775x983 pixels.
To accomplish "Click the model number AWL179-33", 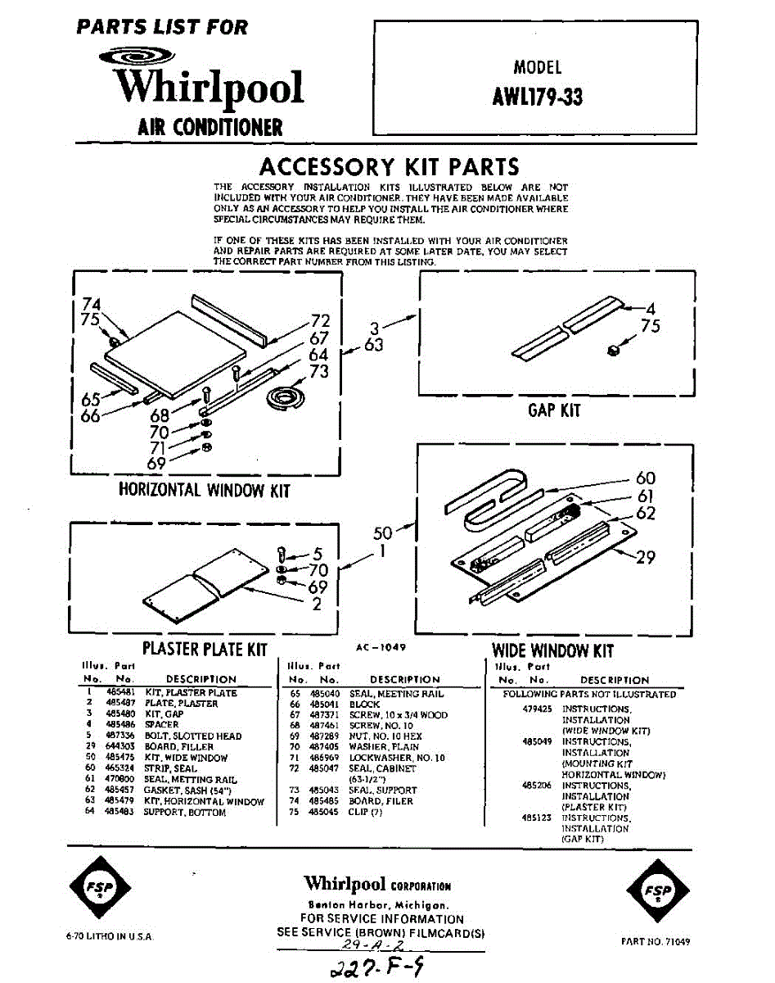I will (537, 97).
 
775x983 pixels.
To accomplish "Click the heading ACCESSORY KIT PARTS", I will (389, 167).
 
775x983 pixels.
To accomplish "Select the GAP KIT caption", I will (553, 410).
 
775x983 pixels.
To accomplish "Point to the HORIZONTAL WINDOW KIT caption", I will (204, 491).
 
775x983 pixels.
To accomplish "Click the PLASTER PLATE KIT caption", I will (205, 650).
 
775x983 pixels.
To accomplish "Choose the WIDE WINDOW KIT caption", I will (552, 651).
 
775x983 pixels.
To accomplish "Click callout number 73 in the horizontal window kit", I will (318, 371).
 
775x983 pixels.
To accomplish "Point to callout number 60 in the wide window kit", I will (646, 478).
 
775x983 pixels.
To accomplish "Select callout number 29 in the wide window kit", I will (646, 557).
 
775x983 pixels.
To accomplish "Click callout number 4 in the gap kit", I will (651, 309).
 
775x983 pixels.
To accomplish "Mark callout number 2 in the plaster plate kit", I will (317, 605).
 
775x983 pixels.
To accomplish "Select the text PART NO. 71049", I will (655, 942).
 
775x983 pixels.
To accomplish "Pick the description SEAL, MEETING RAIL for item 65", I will (396, 694).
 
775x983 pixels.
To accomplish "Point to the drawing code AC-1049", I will (381, 646).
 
